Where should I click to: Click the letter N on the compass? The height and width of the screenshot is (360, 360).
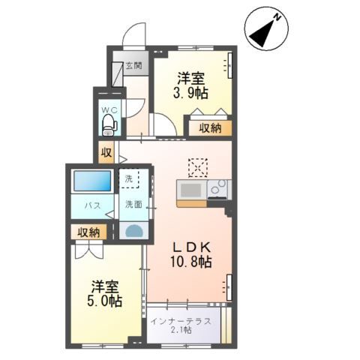click(277, 17)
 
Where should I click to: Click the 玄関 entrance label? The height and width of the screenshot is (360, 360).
click(133, 65)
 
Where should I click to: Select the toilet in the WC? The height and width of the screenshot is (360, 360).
click(109, 125)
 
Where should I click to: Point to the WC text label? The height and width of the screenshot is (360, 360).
click(109, 109)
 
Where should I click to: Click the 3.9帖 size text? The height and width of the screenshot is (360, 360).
click(190, 93)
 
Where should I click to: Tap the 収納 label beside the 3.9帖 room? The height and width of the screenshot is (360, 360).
click(210, 128)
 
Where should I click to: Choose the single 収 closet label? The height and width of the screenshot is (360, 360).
click(106, 152)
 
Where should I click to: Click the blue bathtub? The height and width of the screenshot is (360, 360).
click(92, 181)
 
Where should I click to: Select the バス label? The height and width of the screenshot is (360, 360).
click(92, 205)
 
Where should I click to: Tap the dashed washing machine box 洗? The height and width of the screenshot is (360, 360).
click(129, 178)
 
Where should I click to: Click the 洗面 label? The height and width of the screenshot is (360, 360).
click(133, 204)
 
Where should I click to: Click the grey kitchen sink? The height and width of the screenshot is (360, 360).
click(191, 190)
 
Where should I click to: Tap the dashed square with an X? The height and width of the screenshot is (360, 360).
click(198, 168)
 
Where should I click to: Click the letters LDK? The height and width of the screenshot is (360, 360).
click(192, 247)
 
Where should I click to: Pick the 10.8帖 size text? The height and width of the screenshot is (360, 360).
click(191, 262)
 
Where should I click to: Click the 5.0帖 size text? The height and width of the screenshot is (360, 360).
click(104, 301)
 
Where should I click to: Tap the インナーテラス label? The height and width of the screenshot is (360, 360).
click(181, 322)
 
